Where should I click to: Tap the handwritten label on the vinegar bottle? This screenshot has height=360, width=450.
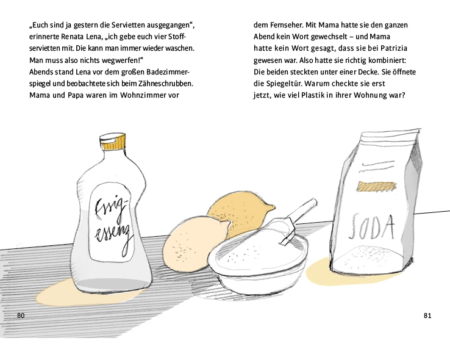click(112, 224)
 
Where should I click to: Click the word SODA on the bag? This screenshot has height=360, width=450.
click(371, 227)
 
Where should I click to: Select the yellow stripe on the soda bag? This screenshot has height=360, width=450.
click(377, 187)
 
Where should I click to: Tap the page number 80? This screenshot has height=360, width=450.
click(21, 316)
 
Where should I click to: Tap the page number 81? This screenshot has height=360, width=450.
click(427, 316)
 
